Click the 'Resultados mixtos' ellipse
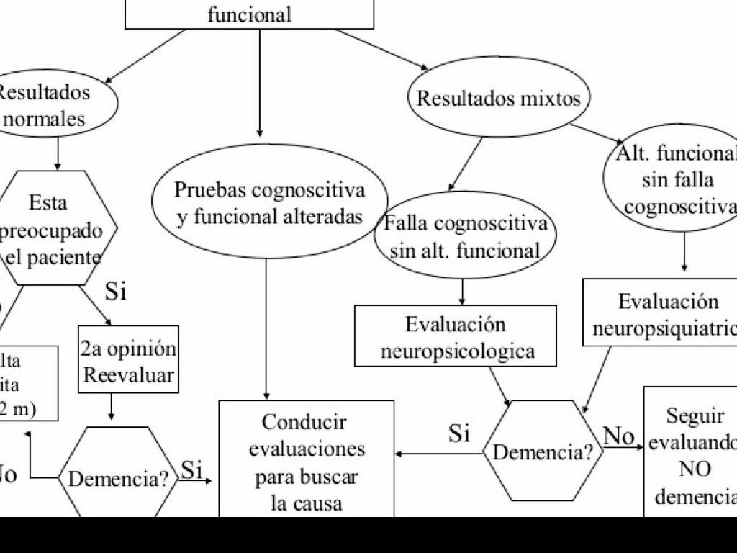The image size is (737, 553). click(x=499, y=98)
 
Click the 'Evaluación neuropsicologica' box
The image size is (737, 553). click(x=456, y=336)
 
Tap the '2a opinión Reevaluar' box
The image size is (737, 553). click(x=128, y=360)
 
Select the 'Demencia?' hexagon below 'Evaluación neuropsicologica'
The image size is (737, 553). click(x=543, y=451)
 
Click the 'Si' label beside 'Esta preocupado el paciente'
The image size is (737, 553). click(x=115, y=292)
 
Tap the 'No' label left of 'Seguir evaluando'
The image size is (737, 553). click(x=618, y=436)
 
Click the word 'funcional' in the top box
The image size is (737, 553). click(x=250, y=14)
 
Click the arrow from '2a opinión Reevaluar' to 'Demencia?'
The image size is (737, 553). click(x=112, y=407)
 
